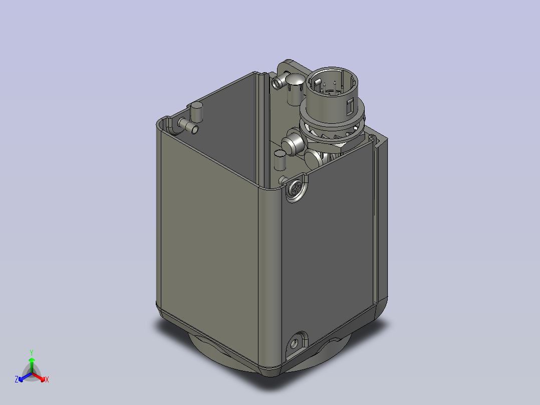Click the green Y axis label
click(x=32, y=352)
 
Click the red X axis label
click(x=47, y=380)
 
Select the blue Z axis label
click(x=17, y=380)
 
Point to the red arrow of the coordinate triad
click(x=40, y=376)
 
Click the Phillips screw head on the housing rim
click(x=296, y=190)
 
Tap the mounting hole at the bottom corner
click(x=295, y=343)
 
